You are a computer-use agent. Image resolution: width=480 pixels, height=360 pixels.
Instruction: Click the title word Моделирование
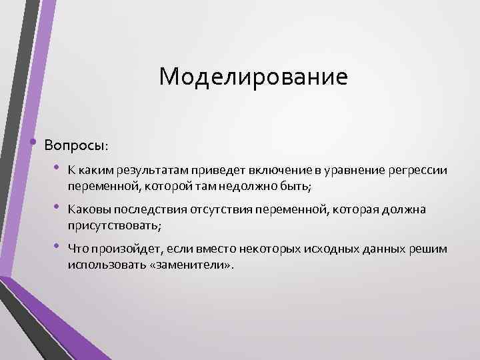[x=253, y=77]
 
